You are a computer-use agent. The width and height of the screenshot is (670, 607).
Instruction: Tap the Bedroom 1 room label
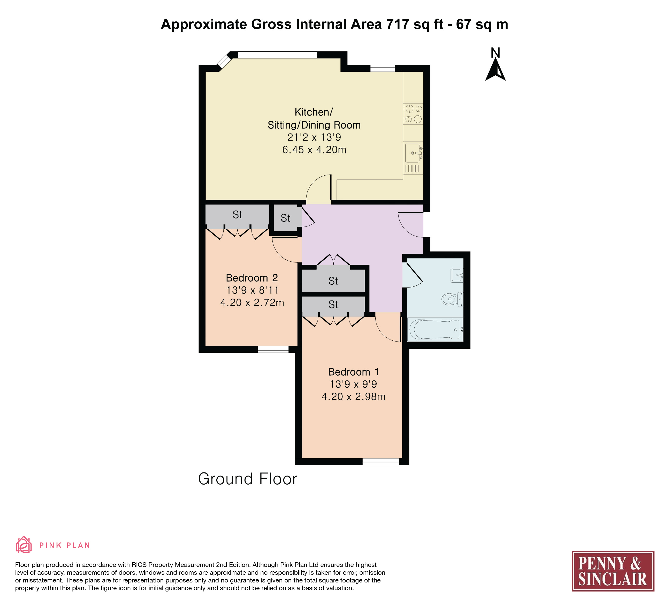pyautogui.click(x=353, y=372)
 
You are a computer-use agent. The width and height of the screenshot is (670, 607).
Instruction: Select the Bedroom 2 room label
pyautogui.click(x=252, y=278)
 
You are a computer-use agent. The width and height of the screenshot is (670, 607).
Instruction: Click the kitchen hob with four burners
pyautogui.click(x=413, y=114)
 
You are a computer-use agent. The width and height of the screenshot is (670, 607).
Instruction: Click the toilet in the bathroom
pyautogui.click(x=452, y=299)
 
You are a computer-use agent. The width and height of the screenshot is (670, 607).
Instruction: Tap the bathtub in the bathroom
pyautogui.click(x=435, y=329)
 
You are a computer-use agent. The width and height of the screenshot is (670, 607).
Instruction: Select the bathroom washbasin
pyautogui.click(x=457, y=275)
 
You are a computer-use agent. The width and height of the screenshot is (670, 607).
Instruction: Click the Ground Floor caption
pyautogui.click(x=248, y=479)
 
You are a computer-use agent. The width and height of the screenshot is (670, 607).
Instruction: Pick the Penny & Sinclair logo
pyautogui.click(x=613, y=571)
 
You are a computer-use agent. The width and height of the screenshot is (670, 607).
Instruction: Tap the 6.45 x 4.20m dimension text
pyautogui.click(x=314, y=150)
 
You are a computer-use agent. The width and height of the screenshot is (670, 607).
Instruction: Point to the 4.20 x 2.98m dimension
pyautogui.click(x=353, y=397)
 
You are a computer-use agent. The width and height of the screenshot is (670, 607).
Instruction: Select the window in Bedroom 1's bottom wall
pyautogui.click(x=380, y=462)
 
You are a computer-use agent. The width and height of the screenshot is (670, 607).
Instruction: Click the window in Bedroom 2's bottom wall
pyautogui.click(x=273, y=349)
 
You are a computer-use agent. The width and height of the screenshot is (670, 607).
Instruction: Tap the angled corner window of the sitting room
pyautogui.click(x=224, y=61)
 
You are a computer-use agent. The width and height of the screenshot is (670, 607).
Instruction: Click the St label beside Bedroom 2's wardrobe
pyautogui.click(x=237, y=215)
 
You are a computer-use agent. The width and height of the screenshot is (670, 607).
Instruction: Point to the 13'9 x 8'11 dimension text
pyautogui.click(x=252, y=290)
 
